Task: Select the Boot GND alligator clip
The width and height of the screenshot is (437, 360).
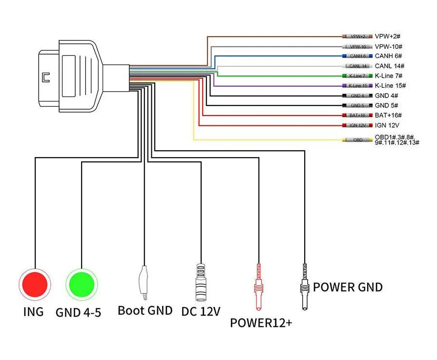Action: [144, 283]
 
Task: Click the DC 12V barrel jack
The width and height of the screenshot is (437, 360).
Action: [201, 282]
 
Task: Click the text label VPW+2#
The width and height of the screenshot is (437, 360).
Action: [388, 37]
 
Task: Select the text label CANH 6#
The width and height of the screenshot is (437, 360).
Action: [388, 56]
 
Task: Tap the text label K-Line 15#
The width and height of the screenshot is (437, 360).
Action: [391, 86]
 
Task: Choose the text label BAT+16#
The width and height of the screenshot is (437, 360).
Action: [389, 115]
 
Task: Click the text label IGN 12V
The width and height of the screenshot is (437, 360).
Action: [388, 125]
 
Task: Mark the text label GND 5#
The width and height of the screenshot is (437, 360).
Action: [387, 105]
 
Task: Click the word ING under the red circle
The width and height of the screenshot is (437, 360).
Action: [33, 312]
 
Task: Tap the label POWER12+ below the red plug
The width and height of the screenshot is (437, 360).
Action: [261, 322]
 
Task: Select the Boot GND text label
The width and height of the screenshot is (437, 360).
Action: [145, 310]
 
